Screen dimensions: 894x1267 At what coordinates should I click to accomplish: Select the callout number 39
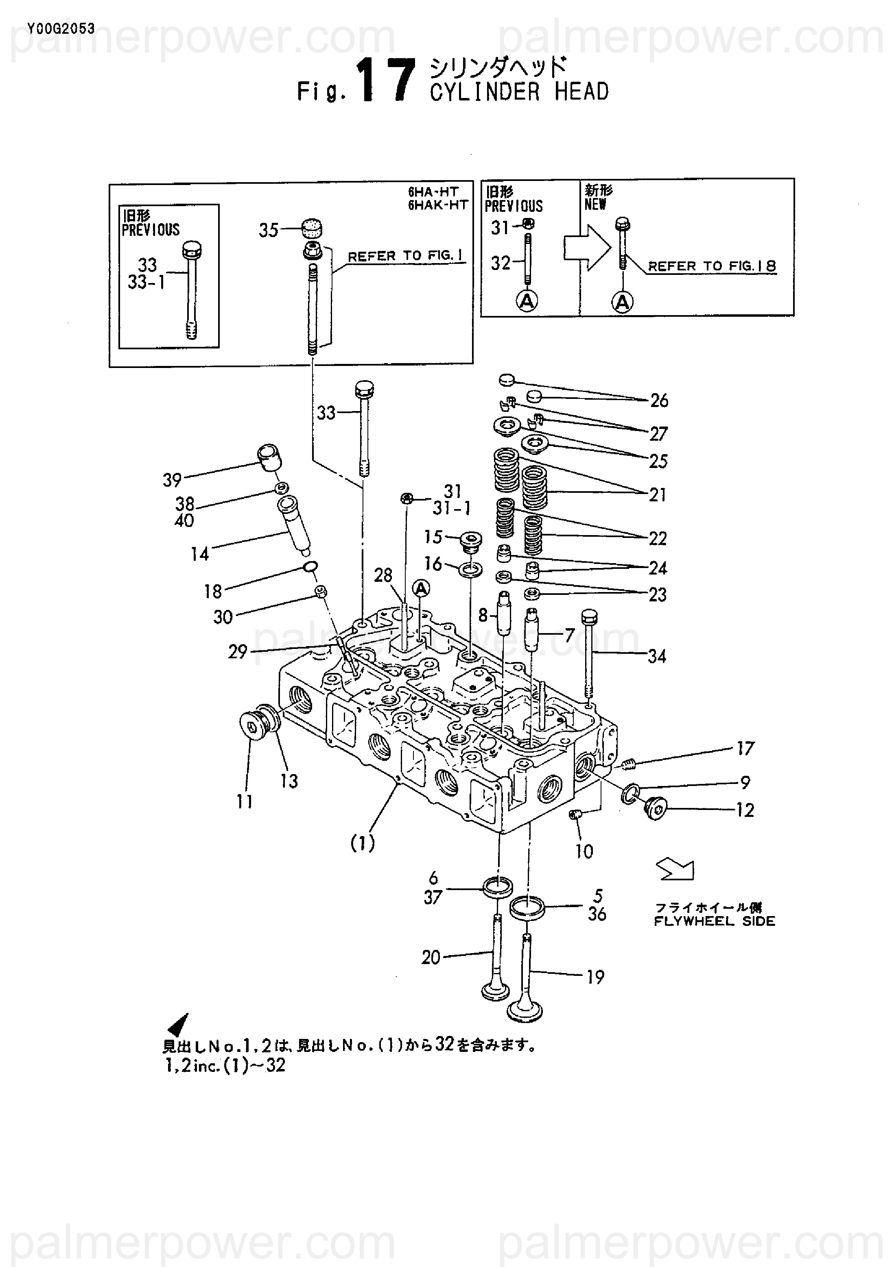(x=172, y=480)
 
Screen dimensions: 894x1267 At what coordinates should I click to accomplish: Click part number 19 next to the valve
(x=595, y=977)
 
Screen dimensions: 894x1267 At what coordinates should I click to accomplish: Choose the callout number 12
(x=745, y=810)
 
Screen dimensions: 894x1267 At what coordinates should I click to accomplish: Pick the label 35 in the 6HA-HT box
(x=269, y=230)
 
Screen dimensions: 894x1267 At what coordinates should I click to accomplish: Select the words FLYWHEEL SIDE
(x=715, y=921)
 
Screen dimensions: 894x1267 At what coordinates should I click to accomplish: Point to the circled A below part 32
(x=527, y=301)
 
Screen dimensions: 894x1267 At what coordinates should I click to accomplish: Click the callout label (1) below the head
(x=363, y=843)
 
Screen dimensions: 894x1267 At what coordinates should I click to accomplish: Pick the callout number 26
(x=659, y=401)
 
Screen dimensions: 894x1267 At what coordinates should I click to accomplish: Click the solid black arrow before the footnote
(x=178, y=1024)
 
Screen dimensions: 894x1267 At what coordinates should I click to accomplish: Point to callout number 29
(x=238, y=652)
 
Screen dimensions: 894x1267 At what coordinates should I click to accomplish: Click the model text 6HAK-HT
(x=438, y=205)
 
